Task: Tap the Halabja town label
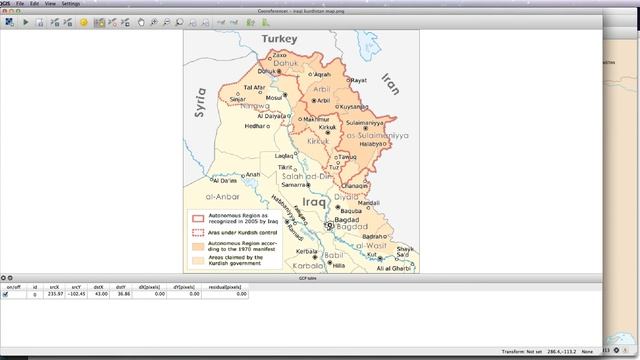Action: point(373,143)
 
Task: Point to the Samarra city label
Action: point(295,185)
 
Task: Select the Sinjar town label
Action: point(237,99)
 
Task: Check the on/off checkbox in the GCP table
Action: point(6,295)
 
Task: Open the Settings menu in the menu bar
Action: point(70,4)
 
